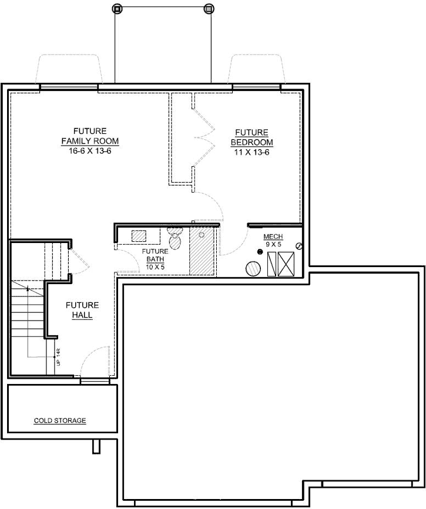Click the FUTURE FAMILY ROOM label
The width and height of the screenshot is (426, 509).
(x=90, y=136)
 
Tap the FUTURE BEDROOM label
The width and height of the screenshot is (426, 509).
(x=251, y=137)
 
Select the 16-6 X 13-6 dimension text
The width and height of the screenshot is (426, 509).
(x=90, y=151)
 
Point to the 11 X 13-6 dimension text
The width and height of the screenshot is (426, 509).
(x=251, y=151)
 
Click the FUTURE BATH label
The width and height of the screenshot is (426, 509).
(x=155, y=255)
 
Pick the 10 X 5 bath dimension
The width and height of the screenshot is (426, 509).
(x=155, y=267)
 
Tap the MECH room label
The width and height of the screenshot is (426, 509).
(x=273, y=237)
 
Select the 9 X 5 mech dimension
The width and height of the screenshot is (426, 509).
(x=273, y=244)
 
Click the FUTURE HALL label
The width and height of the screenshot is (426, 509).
(x=82, y=310)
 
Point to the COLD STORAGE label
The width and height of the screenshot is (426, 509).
(x=60, y=420)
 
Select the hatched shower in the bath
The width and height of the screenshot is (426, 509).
(x=203, y=251)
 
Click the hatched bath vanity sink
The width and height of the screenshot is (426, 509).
(x=139, y=236)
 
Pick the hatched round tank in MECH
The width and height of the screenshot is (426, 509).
(x=254, y=268)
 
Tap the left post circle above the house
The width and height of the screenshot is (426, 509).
(x=116, y=8)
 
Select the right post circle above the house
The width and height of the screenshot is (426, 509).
(x=208, y=8)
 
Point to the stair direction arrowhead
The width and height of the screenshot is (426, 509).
(x=28, y=289)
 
